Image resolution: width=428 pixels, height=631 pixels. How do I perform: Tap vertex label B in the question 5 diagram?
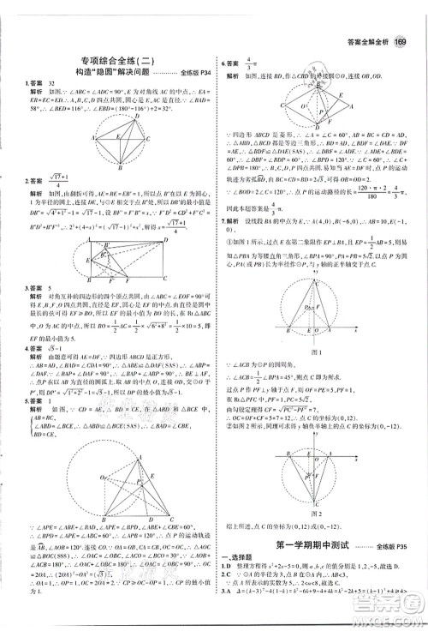[x=104, y=519]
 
